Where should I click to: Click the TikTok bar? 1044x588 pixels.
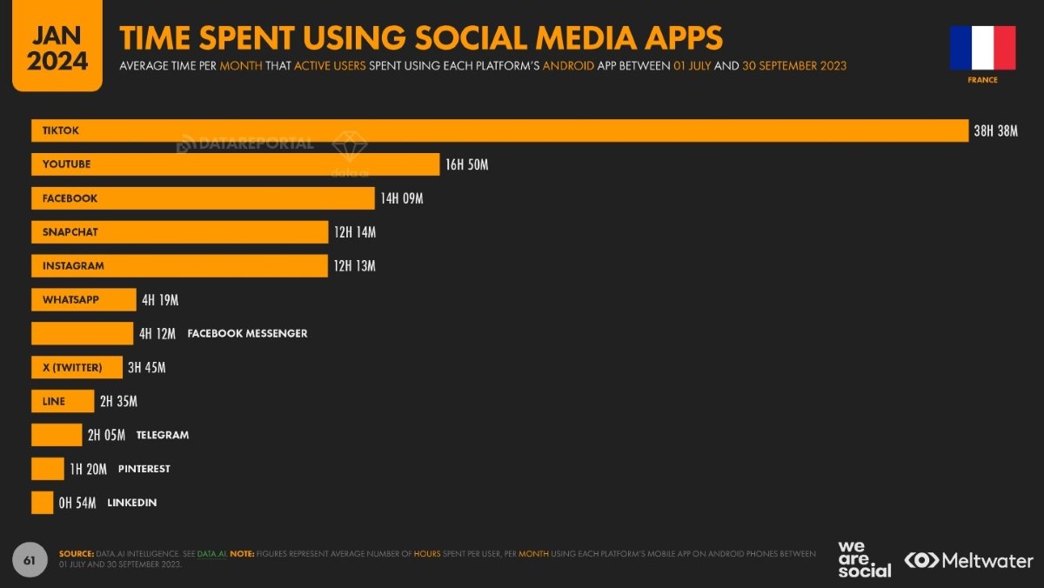[x=499, y=130]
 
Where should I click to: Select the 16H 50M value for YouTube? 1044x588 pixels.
[x=466, y=164]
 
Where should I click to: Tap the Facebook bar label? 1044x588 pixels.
[x=70, y=198]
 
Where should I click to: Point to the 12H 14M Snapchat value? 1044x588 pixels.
[x=354, y=232]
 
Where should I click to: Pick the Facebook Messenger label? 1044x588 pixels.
[x=247, y=333]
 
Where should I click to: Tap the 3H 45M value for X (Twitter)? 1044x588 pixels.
[x=146, y=368]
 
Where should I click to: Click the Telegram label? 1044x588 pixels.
[x=163, y=435]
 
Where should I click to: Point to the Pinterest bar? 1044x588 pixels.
[x=47, y=469]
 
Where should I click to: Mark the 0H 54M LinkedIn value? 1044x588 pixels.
[x=77, y=503]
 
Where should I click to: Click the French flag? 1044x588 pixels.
[x=982, y=48]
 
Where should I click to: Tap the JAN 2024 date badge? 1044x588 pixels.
[x=57, y=48]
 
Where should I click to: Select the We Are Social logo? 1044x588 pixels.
[x=864, y=559]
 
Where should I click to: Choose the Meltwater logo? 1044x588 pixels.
[x=968, y=560]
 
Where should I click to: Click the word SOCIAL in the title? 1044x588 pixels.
[x=473, y=38]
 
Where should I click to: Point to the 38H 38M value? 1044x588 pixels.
[x=995, y=131]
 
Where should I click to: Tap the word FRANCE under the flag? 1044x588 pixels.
[x=982, y=80]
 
